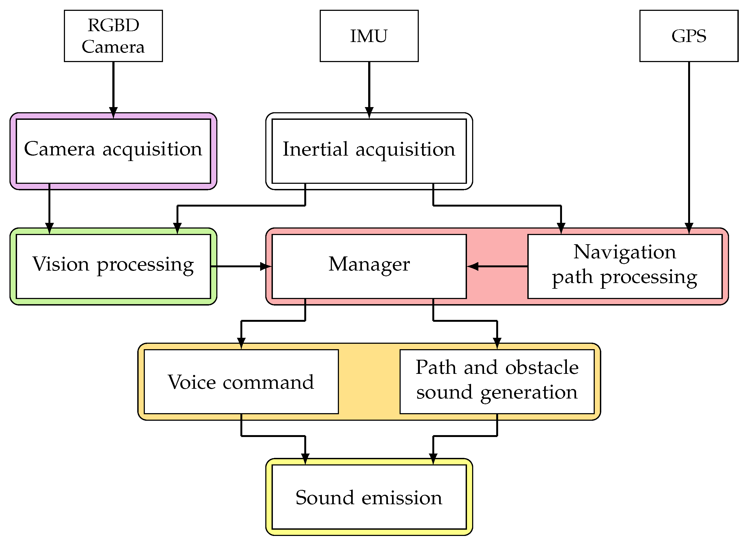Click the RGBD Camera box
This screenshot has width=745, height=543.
click(x=113, y=36)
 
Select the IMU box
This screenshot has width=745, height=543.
click(x=369, y=36)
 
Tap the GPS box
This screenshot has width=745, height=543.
click(x=689, y=36)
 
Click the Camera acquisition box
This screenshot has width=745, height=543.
click(x=113, y=151)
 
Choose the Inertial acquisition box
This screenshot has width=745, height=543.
click(x=369, y=151)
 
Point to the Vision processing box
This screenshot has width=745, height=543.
click(x=113, y=266)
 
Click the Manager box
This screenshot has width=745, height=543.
click(x=369, y=266)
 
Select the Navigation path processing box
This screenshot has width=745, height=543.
click(x=625, y=266)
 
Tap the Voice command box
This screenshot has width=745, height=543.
click(x=241, y=381)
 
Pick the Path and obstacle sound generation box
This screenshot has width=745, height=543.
click(x=497, y=381)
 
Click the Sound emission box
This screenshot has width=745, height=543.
click(x=369, y=497)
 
